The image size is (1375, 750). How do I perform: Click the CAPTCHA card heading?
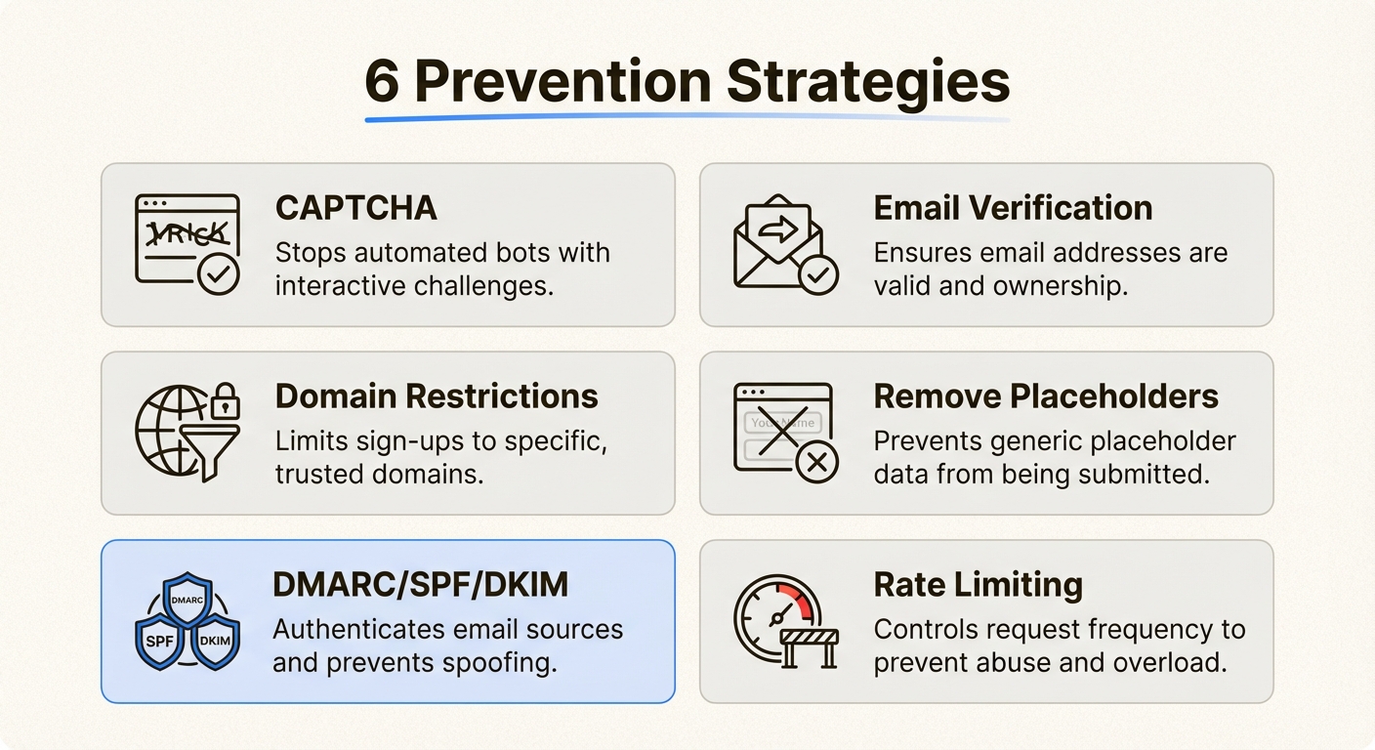point(355,208)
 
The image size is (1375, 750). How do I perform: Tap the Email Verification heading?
point(1013,208)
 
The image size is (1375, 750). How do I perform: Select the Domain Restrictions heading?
point(437,396)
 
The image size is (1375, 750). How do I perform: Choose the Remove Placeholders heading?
point(1046,396)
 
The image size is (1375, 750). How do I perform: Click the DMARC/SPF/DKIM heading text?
point(421,585)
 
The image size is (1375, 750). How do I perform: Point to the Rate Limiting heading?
point(978,585)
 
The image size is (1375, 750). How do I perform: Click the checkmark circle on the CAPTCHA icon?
point(219,275)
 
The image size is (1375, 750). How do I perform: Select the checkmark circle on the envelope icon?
point(817,275)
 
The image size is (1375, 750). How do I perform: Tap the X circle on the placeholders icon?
point(817,462)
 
